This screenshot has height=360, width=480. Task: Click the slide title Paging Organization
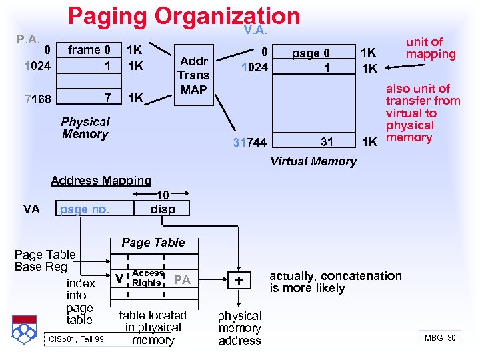click(184, 17)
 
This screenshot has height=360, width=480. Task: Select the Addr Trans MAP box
click(193, 75)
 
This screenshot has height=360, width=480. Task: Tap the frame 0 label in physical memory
click(89, 50)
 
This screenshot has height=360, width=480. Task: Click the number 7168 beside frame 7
click(37, 99)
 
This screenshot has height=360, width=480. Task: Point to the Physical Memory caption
click(85, 128)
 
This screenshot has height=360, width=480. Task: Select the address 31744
click(250, 142)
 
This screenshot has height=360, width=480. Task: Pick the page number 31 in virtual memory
click(327, 141)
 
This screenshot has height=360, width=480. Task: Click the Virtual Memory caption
click(313, 161)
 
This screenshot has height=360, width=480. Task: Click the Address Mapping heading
click(101, 181)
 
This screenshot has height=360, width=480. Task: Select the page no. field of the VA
click(85, 209)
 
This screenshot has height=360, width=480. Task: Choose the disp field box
click(163, 209)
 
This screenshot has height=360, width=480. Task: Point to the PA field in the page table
click(181, 280)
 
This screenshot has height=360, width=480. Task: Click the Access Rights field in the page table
click(147, 278)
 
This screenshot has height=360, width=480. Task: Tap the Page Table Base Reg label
click(45, 261)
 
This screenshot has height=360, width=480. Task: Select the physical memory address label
click(239, 328)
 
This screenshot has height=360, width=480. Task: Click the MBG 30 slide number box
click(441, 338)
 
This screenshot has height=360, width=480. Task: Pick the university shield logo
click(26, 329)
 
